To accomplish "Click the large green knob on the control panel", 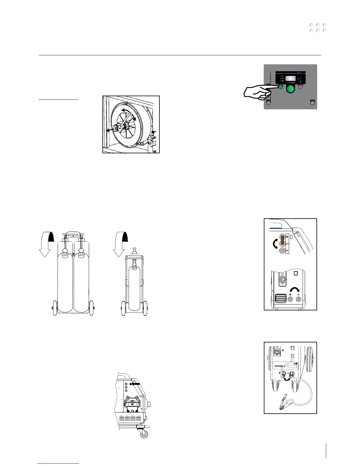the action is [291, 89].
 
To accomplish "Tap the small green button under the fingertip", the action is [280, 87].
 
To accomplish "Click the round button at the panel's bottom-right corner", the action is [313, 102].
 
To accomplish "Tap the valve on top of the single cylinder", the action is [135, 250].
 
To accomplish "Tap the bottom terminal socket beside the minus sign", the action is [282, 251].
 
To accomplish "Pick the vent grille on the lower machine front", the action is [280, 299].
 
